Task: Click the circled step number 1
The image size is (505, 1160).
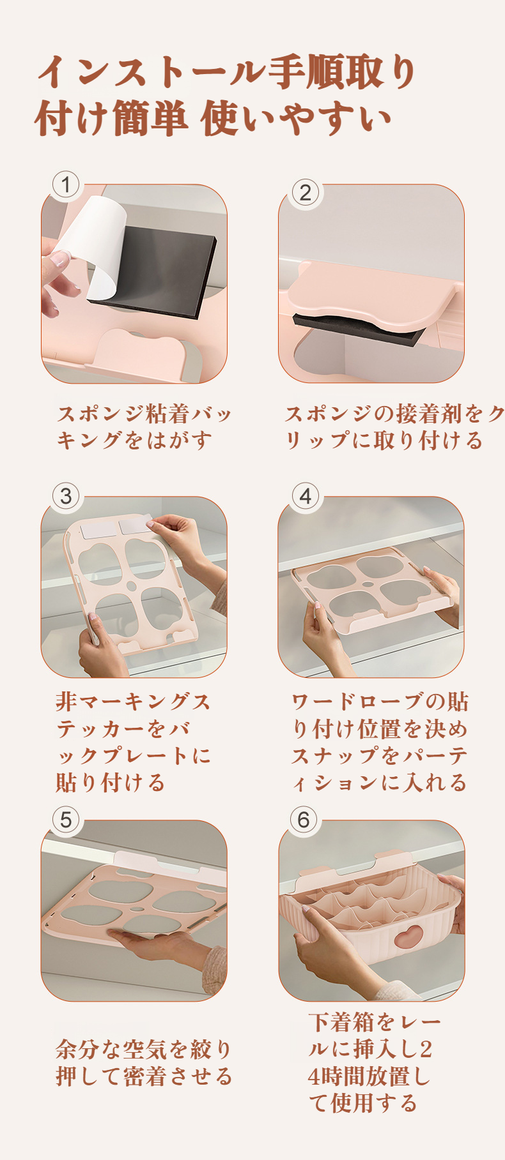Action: pyautogui.click(x=66, y=185)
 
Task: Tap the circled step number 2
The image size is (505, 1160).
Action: pyautogui.click(x=306, y=192)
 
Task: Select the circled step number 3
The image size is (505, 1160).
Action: pyautogui.click(x=66, y=496)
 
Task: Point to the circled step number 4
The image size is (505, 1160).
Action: pyautogui.click(x=306, y=496)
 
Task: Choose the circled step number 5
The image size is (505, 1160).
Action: pyautogui.click(x=66, y=820)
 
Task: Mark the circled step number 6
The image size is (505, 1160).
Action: pyautogui.click(x=304, y=820)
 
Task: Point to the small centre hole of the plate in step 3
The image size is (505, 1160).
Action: pyautogui.click(x=130, y=585)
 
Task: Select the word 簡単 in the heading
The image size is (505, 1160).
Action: pyautogui.click(x=150, y=119)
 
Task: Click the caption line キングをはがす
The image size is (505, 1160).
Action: pyautogui.click(x=134, y=440)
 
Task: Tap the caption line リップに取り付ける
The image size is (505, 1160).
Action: pyautogui.click(x=384, y=440)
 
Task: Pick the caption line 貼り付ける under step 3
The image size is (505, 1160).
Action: pyautogui.click(x=111, y=782)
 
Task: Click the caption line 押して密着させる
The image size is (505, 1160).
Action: pyautogui.click(x=144, y=1076)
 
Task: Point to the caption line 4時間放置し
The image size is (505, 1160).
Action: pyautogui.click(x=369, y=1076)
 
